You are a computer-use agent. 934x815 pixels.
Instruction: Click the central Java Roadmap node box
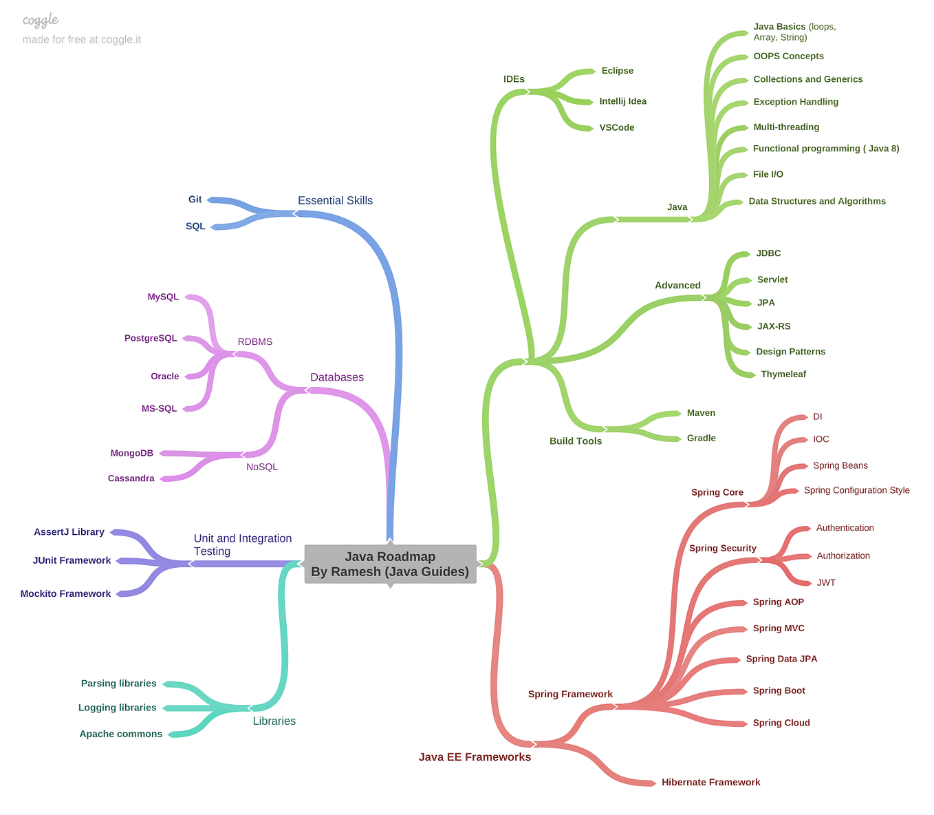pos(390,564)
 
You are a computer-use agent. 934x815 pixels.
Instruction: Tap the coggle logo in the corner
pos(41,20)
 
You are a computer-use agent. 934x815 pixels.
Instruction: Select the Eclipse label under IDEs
pos(617,71)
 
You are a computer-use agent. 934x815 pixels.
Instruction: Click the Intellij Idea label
pos(622,101)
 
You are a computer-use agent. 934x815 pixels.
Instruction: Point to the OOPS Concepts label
pos(788,56)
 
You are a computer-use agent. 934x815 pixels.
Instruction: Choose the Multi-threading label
pos(786,127)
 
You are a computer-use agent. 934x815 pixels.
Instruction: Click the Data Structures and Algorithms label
pos(817,202)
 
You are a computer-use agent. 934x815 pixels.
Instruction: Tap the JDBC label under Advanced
pos(768,253)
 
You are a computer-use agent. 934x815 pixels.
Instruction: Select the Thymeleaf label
pos(783,374)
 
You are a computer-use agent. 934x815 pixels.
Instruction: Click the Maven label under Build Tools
pos(701,413)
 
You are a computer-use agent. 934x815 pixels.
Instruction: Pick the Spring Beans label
pos(840,466)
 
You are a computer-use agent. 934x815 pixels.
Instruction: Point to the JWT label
pos(826,583)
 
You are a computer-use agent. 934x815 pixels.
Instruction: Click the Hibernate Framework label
pos(710,783)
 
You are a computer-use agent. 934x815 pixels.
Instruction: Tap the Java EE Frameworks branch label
pos(475,757)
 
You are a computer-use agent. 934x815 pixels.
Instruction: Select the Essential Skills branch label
pos(335,201)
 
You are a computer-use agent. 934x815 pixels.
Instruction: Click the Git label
pos(195,200)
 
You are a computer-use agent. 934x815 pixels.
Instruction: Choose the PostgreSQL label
pos(151,339)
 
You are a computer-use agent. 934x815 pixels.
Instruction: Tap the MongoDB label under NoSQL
pos(132,454)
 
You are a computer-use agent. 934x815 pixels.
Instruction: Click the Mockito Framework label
pos(65,594)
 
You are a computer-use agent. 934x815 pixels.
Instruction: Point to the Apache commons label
pos(121,734)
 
